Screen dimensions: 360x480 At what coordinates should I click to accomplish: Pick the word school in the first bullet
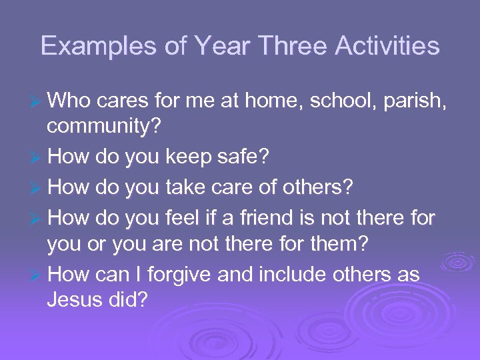342,101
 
